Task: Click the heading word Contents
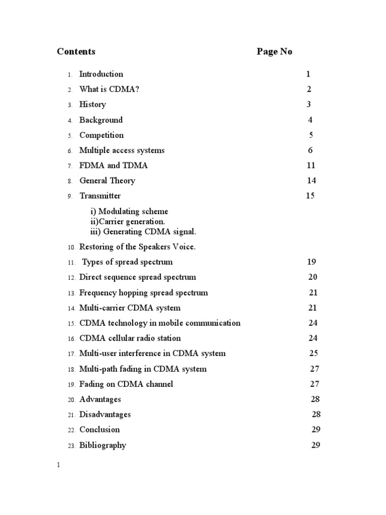pyautogui.click(x=76, y=51)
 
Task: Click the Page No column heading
pyautogui.click(x=274, y=51)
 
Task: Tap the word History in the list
pyautogui.click(x=92, y=105)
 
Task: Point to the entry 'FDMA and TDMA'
pyautogui.click(x=114, y=165)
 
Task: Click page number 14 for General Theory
pyautogui.click(x=311, y=181)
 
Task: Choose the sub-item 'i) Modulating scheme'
pyautogui.click(x=129, y=212)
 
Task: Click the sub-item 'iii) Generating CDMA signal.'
pyautogui.click(x=143, y=231)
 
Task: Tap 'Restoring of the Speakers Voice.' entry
pyautogui.click(x=137, y=247)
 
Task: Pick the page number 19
pyautogui.click(x=311, y=262)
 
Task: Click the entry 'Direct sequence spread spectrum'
pyautogui.click(x=138, y=277)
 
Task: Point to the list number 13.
pyautogui.click(x=70, y=293)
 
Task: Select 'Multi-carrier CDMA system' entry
pyautogui.click(x=130, y=308)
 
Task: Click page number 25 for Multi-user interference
pyautogui.click(x=314, y=353)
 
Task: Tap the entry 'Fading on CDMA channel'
pyautogui.click(x=126, y=384)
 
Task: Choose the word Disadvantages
pyautogui.click(x=105, y=414)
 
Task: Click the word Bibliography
pyautogui.click(x=103, y=445)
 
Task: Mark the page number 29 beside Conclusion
pyautogui.click(x=316, y=430)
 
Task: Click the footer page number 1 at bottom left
pyautogui.click(x=58, y=465)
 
